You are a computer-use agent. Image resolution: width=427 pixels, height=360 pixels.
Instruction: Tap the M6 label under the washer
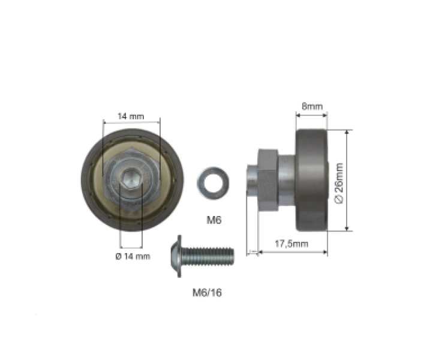click(x=214, y=220)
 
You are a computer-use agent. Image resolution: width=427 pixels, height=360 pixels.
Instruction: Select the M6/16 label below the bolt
click(x=207, y=293)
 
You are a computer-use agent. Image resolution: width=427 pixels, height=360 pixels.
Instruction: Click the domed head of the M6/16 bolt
click(x=176, y=256)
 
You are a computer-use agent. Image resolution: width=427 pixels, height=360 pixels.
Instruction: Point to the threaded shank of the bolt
click(x=208, y=256)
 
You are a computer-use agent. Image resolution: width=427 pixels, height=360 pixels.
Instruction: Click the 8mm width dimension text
click(x=312, y=106)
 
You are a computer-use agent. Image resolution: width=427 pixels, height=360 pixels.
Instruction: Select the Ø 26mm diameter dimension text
click(x=339, y=183)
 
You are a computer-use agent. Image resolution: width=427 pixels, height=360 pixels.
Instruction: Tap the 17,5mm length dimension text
click(x=291, y=244)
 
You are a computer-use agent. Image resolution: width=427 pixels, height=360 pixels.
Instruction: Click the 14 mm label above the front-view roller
click(x=131, y=116)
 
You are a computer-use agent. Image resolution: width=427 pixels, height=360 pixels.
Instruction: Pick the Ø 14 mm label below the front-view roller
click(x=133, y=256)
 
